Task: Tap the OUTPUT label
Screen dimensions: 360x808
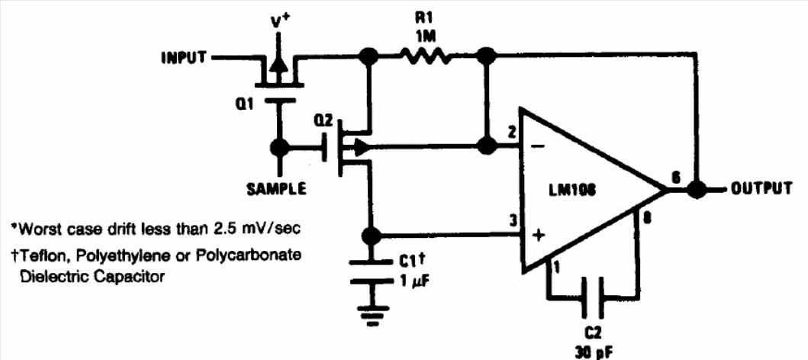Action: click(761, 188)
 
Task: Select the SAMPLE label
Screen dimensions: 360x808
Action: click(275, 188)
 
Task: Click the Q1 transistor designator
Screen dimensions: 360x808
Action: click(244, 107)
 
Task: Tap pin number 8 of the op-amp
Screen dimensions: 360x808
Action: click(646, 219)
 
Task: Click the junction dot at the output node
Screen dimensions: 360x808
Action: click(694, 188)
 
